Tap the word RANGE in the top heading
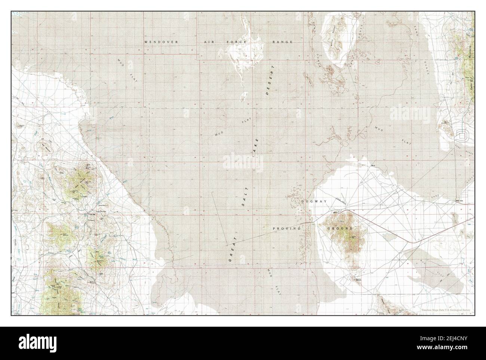point(282,42)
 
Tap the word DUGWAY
point(314,201)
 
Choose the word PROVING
point(287,228)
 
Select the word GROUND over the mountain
point(340,228)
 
